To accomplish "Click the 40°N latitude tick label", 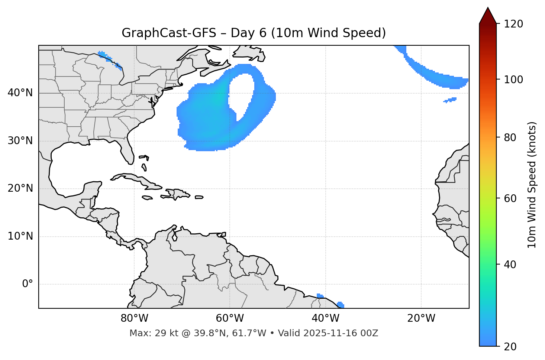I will pyautogui.click(x=20, y=93).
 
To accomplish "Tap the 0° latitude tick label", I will pyautogui.click(x=28, y=284).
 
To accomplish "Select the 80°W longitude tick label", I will pyautogui.click(x=134, y=318).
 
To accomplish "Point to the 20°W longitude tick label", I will pyautogui.click(x=421, y=318).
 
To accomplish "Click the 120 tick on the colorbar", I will pyautogui.click(x=513, y=24).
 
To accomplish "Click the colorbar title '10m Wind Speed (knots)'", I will pyautogui.click(x=532, y=185).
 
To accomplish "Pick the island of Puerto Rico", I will pyautogui.click(x=199, y=197).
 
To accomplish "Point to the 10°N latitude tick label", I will pyautogui.click(x=20, y=236).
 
